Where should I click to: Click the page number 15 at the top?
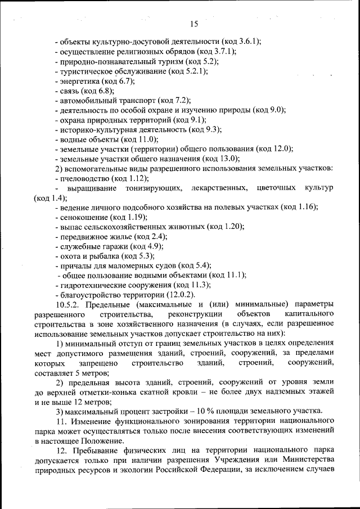click(x=195, y=24)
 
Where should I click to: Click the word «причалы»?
click(x=74, y=265)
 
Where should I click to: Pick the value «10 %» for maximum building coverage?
click(x=207, y=410)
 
